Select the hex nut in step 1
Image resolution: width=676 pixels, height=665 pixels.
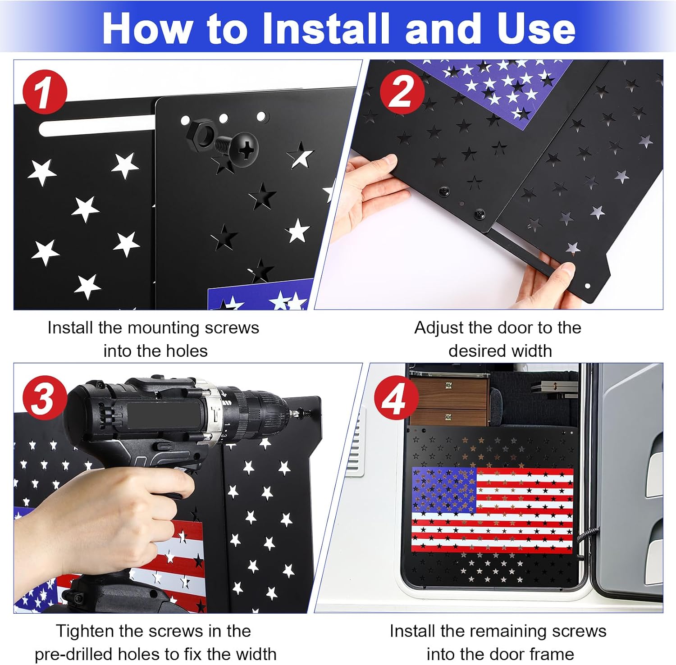(x=201, y=132)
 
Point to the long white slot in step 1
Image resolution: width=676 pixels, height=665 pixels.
(x=97, y=125)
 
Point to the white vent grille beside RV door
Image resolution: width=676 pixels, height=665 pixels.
(x=357, y=442)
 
